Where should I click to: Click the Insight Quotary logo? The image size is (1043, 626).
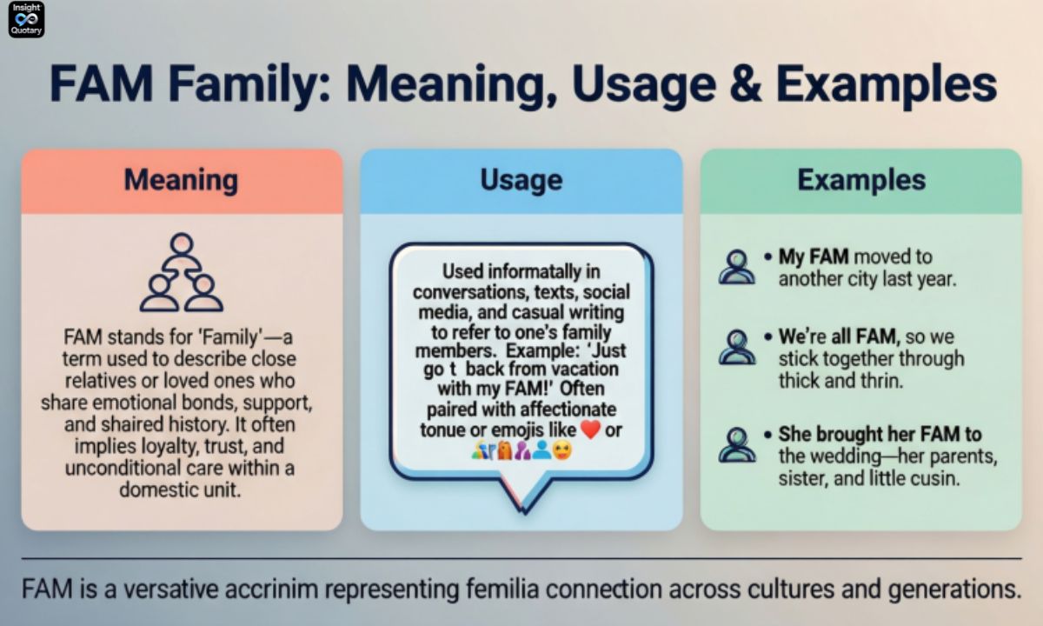tap(25, 19)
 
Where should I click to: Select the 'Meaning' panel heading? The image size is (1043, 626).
tap(181, 180)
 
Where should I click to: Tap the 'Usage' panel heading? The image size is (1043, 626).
tap(521, 180)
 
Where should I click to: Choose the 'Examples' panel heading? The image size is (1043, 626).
tap(860, 180)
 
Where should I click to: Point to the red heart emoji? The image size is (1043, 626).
tap(590, 430)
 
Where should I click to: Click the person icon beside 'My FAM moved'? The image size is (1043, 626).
tap(737, 267)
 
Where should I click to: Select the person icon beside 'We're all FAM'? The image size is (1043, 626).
tap(737, 346)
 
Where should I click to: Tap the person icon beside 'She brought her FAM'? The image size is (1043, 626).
tap(737, 443)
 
